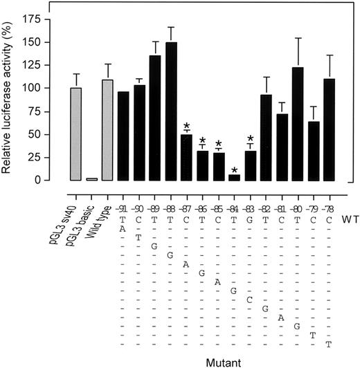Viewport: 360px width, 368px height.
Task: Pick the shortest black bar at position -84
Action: (x=235, y=177)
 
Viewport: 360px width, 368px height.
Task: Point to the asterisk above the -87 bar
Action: (x=187, y=127)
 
